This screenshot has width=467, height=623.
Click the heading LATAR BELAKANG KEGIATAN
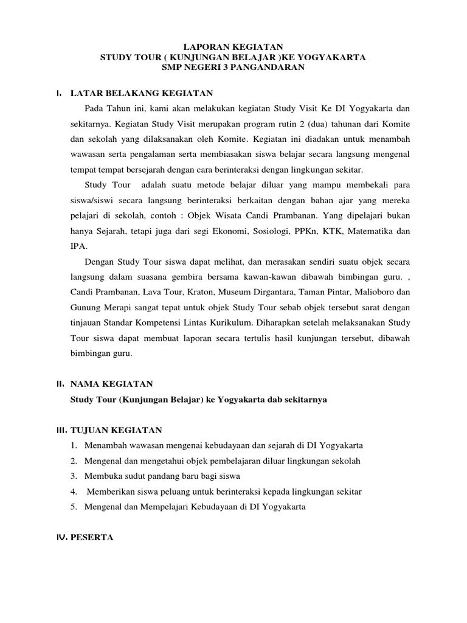(141, 92)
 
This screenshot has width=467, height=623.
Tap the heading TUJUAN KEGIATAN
(116, 430)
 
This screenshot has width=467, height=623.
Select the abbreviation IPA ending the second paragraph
(78, 246)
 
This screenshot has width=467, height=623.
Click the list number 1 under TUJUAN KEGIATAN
(74, 446)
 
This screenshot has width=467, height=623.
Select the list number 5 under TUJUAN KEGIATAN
(74, 507)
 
